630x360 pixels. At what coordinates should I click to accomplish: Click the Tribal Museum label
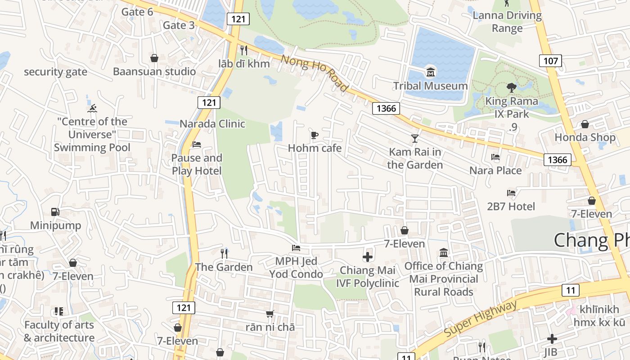430,86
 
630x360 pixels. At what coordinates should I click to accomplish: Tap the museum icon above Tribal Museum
431,72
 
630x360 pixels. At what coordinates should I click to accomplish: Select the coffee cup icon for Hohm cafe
315,135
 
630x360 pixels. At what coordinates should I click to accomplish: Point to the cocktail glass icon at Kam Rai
414,138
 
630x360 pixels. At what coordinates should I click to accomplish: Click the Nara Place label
495,171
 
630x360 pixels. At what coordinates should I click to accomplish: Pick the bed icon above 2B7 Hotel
511,193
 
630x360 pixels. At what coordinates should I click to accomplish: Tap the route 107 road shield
550,61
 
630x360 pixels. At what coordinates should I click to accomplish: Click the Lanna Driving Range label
507,22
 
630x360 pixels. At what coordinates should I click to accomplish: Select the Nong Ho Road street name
315,73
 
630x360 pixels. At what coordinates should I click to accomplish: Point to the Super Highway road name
481,319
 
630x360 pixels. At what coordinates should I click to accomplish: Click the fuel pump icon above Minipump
55,211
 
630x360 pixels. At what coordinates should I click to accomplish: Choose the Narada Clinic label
212,124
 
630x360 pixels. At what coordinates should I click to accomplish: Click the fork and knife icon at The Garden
224,253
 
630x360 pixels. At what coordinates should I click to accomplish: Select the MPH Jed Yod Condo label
296,268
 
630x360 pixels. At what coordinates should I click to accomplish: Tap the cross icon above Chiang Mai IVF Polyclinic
367,257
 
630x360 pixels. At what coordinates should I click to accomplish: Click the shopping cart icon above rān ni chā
270,314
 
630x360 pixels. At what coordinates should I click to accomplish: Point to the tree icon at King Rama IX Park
511,87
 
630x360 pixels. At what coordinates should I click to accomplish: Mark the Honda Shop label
585,137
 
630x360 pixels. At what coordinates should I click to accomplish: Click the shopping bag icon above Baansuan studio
154,58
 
